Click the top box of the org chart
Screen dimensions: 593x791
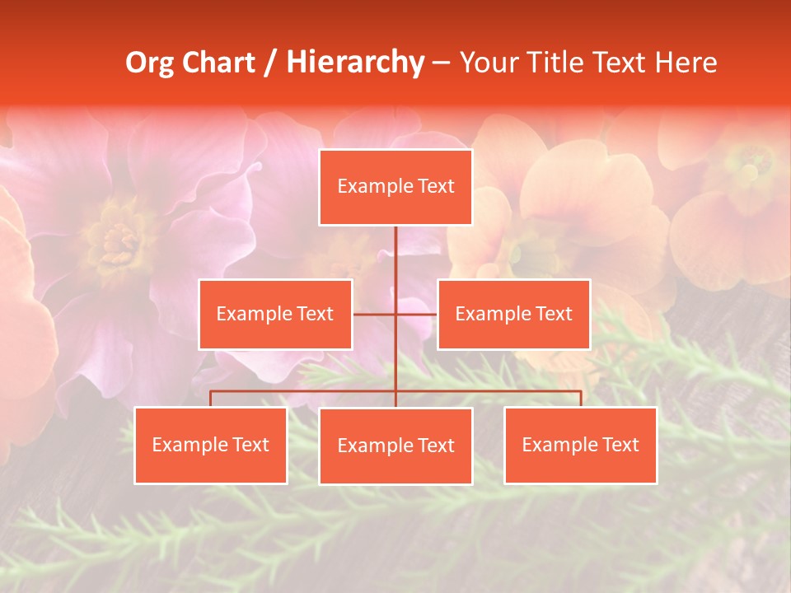pyautogui.click(x=395, y=187)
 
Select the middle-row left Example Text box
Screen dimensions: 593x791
pyautogui.click(x=275, y=314)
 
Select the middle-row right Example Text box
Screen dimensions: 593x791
pyautogui.click(x=513, y=314)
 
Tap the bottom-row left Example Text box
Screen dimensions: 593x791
pyautogui.click(x=210, y=445)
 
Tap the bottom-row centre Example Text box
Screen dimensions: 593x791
pyautogui.click(x=395, y=446)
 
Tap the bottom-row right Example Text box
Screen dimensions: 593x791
pyautogui.click(x=580, y=445)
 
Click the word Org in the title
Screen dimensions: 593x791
pyautogui.click(x=150, y=63)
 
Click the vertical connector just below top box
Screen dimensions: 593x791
pyautogui.click(x=395, y=247)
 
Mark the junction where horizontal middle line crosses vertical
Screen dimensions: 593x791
pyautogui.click(x=395, y=314)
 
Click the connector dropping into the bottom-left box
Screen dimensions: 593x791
pyautogui.click(x=210, y=399)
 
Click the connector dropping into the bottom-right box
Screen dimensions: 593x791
pyautogui.click(x=580, y=399)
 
